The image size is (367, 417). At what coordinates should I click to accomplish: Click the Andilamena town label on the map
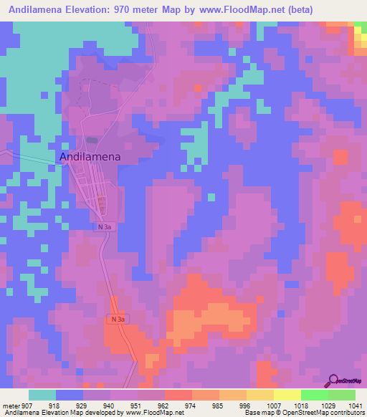coord(90,156)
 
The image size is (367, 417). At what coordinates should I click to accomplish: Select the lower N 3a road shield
coord(118,319)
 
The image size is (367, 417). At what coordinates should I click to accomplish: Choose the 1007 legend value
coord(275,406)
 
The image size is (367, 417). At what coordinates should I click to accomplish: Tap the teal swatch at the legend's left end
coord(42,395)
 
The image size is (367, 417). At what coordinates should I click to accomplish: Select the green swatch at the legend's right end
coord(341,395)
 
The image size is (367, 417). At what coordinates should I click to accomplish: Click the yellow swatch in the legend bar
coord(287,395)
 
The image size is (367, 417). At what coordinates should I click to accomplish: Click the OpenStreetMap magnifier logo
coord(333,380)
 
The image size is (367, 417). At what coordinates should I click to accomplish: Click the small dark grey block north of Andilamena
coord(90,140)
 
